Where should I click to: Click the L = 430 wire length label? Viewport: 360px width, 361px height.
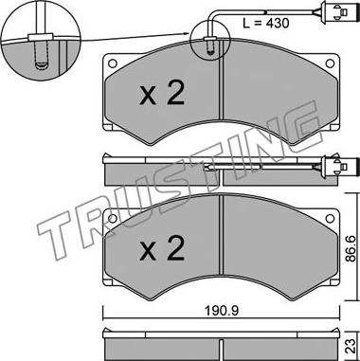tap(265, 24)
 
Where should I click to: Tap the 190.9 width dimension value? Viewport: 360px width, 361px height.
tap(221, 311)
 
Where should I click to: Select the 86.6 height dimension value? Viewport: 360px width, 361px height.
tap(350, 249)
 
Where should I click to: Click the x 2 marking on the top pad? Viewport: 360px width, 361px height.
tap(162, 94)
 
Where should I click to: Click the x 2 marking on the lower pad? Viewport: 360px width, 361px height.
tap(162, 249)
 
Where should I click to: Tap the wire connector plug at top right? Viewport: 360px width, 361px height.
tap(334, 12)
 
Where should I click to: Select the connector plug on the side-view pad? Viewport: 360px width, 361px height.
tap(334, 165)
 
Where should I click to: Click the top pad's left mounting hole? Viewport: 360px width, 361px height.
tap(112, 63)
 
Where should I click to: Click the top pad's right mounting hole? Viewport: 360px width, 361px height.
tap(330, 63)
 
